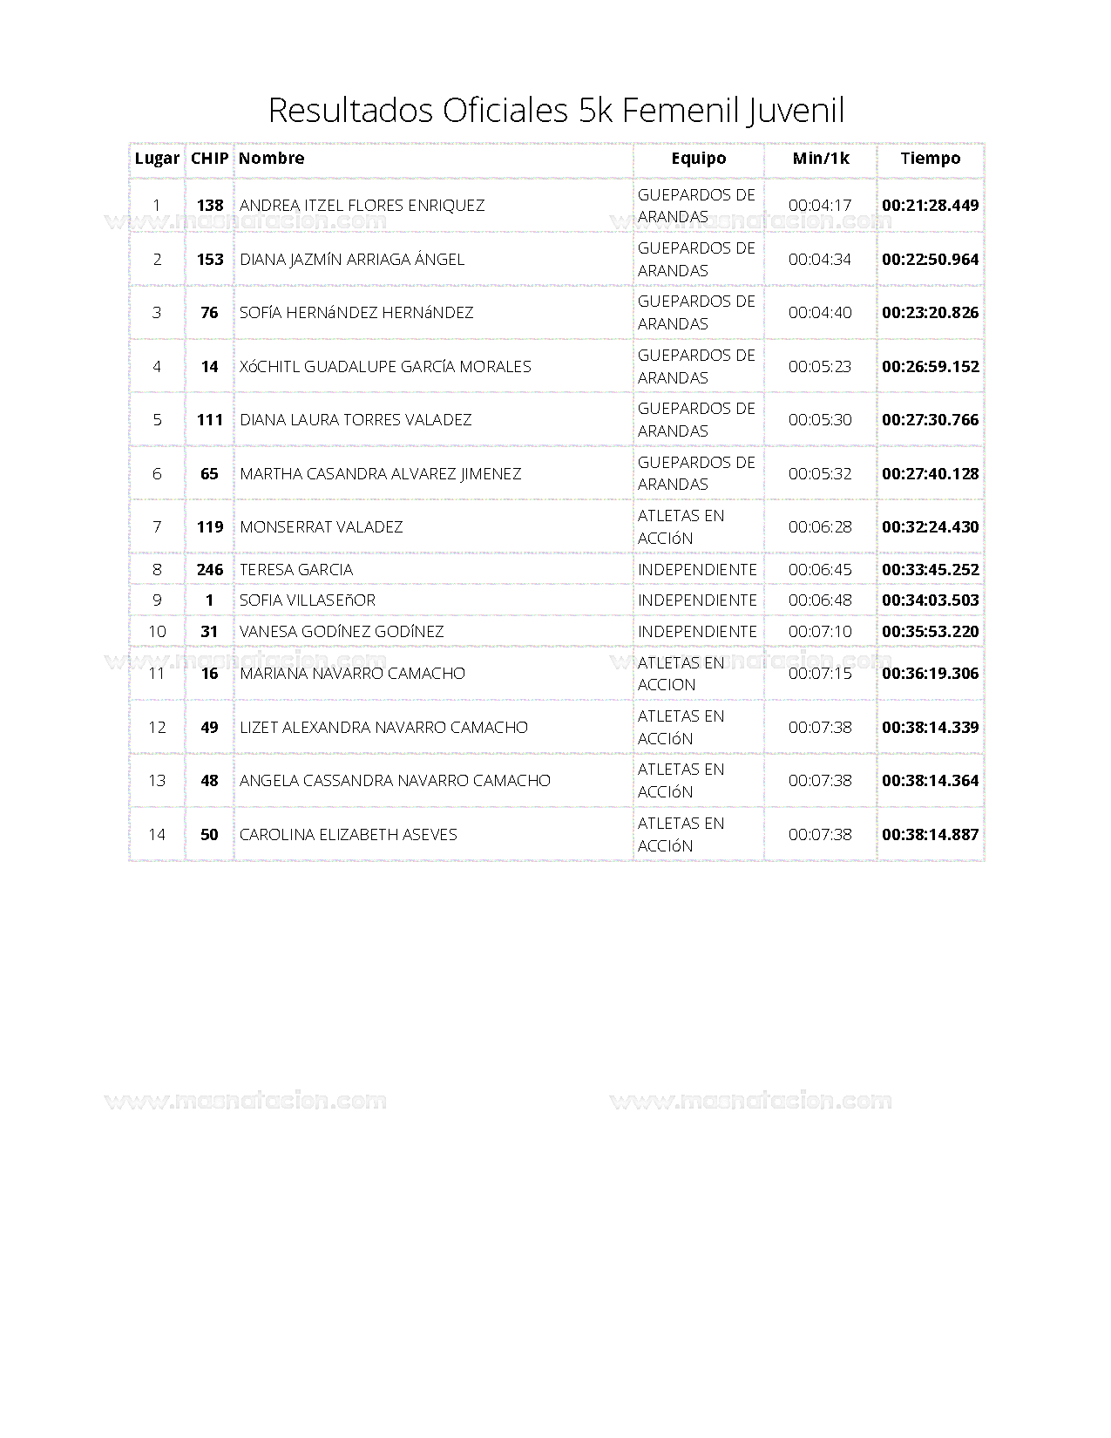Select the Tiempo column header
(930, 159)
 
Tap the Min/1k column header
(820, 159)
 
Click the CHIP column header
(209, 159)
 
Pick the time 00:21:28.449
(930, 206)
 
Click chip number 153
(210, 260)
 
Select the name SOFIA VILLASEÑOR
(307, 600)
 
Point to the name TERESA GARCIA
(296, 570)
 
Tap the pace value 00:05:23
(820, 367)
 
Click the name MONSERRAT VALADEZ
(321, 527)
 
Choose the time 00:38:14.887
(930, 835)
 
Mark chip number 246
(210, 570)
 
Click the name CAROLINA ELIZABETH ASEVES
(348, 835)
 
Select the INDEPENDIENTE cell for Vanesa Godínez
(697, 632)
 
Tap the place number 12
(157, 728)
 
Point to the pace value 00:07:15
(820, 674)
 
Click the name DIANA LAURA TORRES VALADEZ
(356, 420)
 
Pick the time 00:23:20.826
(930, 313)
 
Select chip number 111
(210, 420)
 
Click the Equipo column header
(698, 159)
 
